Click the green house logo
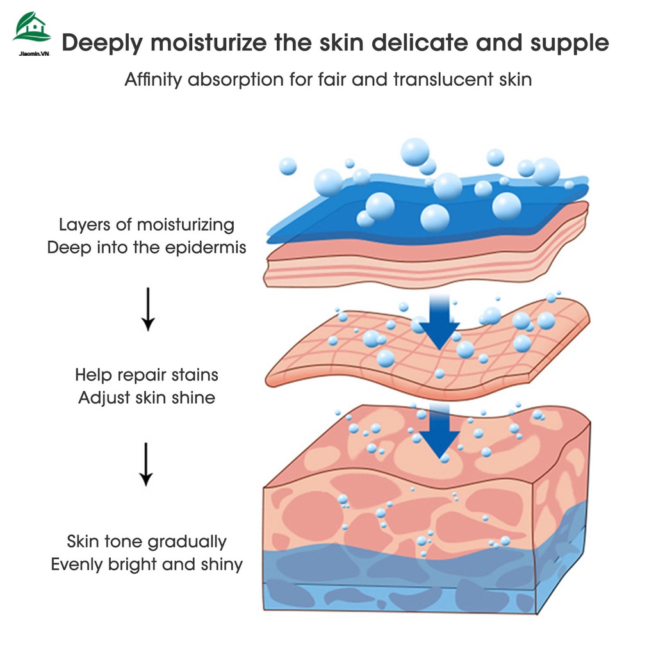pyautogui.click(x=31, y=28)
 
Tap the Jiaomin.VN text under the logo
pyautogui.click(x=31, y=54)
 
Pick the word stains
pyautogui.click(x=195, y=375)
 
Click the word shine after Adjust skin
pyautogui.click(x=193, y=398)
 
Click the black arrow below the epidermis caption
pyautogui.click(x=148, y=309)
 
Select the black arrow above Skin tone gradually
pyautogui.click(x=147, y=464)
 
